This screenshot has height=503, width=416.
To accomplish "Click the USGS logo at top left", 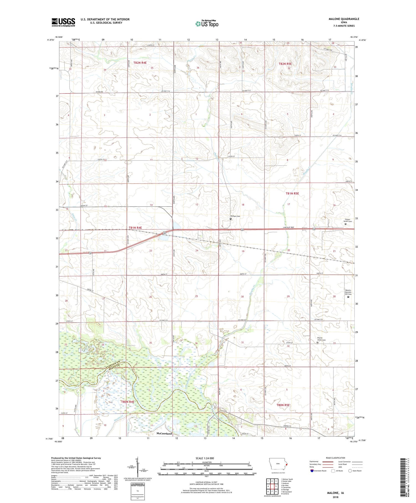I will tap(63, 22).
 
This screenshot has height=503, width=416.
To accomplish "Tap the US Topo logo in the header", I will tap(207, 24).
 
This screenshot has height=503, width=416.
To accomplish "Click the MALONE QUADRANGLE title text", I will tap(344, 19).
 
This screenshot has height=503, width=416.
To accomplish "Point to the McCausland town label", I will tap(164, 433).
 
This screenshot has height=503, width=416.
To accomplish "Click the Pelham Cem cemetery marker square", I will tap(231, 219).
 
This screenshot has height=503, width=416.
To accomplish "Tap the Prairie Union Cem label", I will tap(321, 339).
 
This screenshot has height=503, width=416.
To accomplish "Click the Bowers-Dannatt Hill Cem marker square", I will tap(348, 297).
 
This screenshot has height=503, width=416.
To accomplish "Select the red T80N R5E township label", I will tap(283, 405).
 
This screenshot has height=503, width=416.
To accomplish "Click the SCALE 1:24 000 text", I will tap(206, 458).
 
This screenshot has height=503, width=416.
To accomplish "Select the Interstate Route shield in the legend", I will tap(312, 471).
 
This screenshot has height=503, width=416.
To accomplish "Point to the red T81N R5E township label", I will tap(292, 193).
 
